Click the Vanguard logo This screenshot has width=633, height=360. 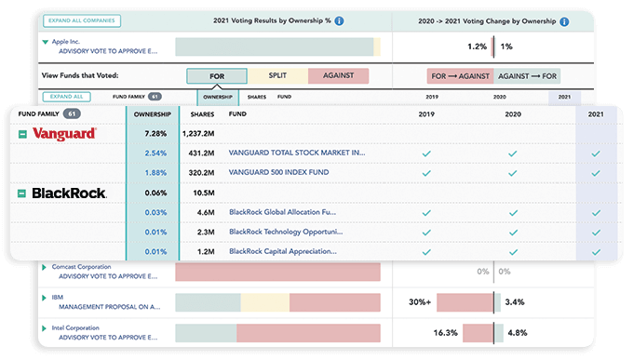64,134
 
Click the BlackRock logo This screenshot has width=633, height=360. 70,193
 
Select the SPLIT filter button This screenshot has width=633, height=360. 277,76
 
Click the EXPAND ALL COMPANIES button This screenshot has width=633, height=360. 83,20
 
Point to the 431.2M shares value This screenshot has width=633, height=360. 202,153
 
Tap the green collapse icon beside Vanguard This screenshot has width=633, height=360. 22,134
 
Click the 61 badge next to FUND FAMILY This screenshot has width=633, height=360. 72,113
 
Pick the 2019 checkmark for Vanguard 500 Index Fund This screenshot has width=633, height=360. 426,172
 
